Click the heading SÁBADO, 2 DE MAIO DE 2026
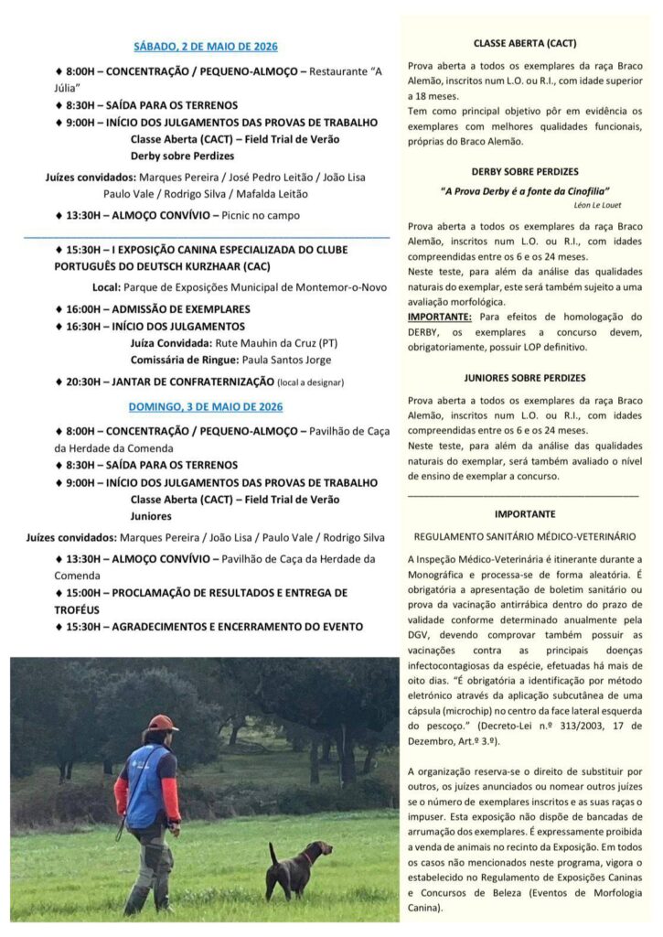click(x=205, y=46)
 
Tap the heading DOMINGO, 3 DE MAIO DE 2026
click(x=205, y=406)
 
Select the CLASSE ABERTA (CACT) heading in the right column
click(x=524, y=43)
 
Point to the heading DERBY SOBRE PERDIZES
click(x=524, y=171)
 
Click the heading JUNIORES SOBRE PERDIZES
click(x=524, y=377)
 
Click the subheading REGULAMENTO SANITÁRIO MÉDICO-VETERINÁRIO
click(x=524, y=536)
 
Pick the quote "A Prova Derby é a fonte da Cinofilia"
click(x=524, y=190)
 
